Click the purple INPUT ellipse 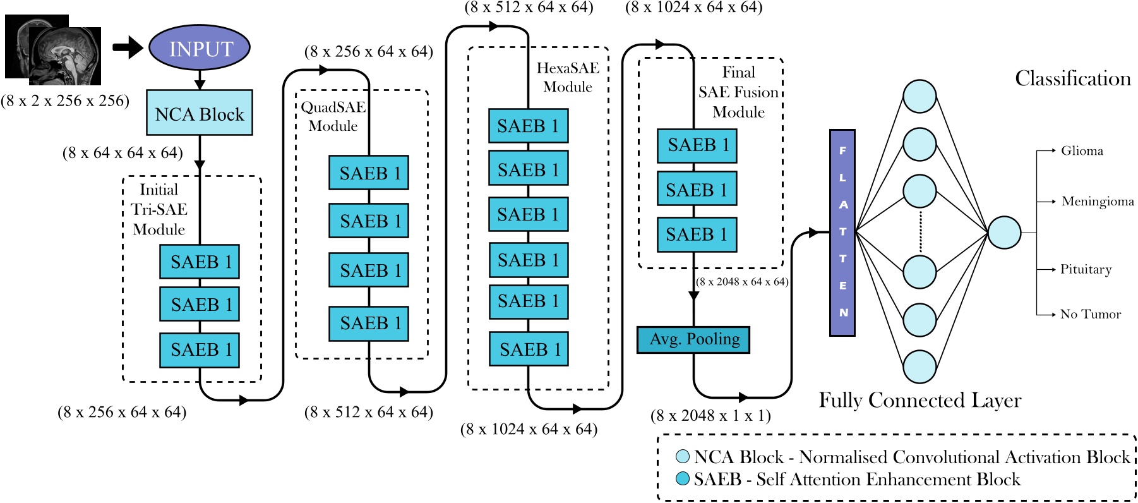click(200, 48)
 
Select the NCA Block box click(200, 113)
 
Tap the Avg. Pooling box click(693, 339)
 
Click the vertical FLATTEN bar click(842, 233)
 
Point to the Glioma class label click(1082, 151)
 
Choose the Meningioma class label click(1098, 202)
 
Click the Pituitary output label click(1086, 269)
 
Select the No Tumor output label click(1091, 314)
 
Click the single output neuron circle click(1004, 233)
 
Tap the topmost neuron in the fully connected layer click(919, 97)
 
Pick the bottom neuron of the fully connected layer click(919, 367)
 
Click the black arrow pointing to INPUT click(128, 47)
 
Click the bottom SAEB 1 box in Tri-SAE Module click(200, 350)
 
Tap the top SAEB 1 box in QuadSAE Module click(369, 173)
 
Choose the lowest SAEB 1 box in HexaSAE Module click(529, 349)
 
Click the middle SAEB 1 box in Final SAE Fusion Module click(697, 190)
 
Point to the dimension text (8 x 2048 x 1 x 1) click(710, 416)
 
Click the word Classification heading click(1072, 78)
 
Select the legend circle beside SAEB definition click(683, 478)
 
